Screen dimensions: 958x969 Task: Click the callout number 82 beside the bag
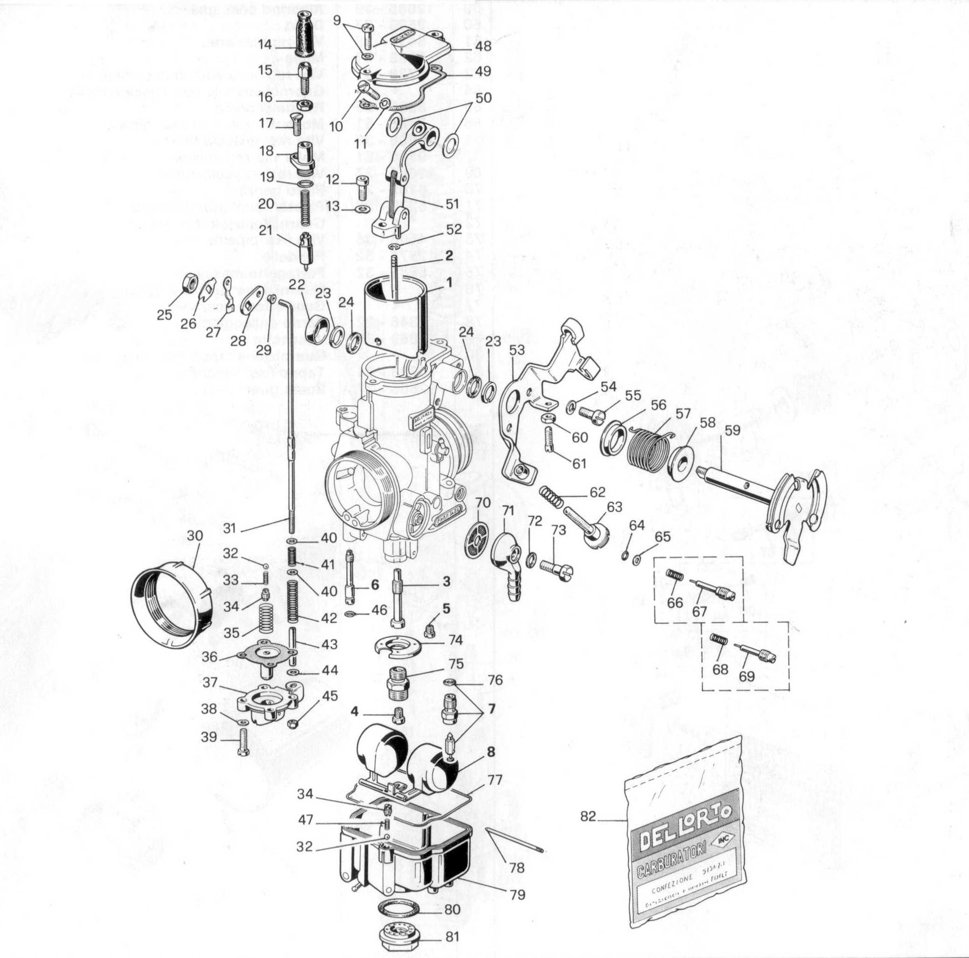pyautogui.click(x=588, y=817)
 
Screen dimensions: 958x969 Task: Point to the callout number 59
pyautogui.click(x=732, y=430)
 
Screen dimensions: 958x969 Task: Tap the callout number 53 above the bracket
pyautogui.click(x=516, y=350)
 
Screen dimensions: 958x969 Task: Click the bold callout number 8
pyautogui.click(x=490, y=751)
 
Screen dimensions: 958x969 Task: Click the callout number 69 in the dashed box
pyautogui.click(x=746, y=676)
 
